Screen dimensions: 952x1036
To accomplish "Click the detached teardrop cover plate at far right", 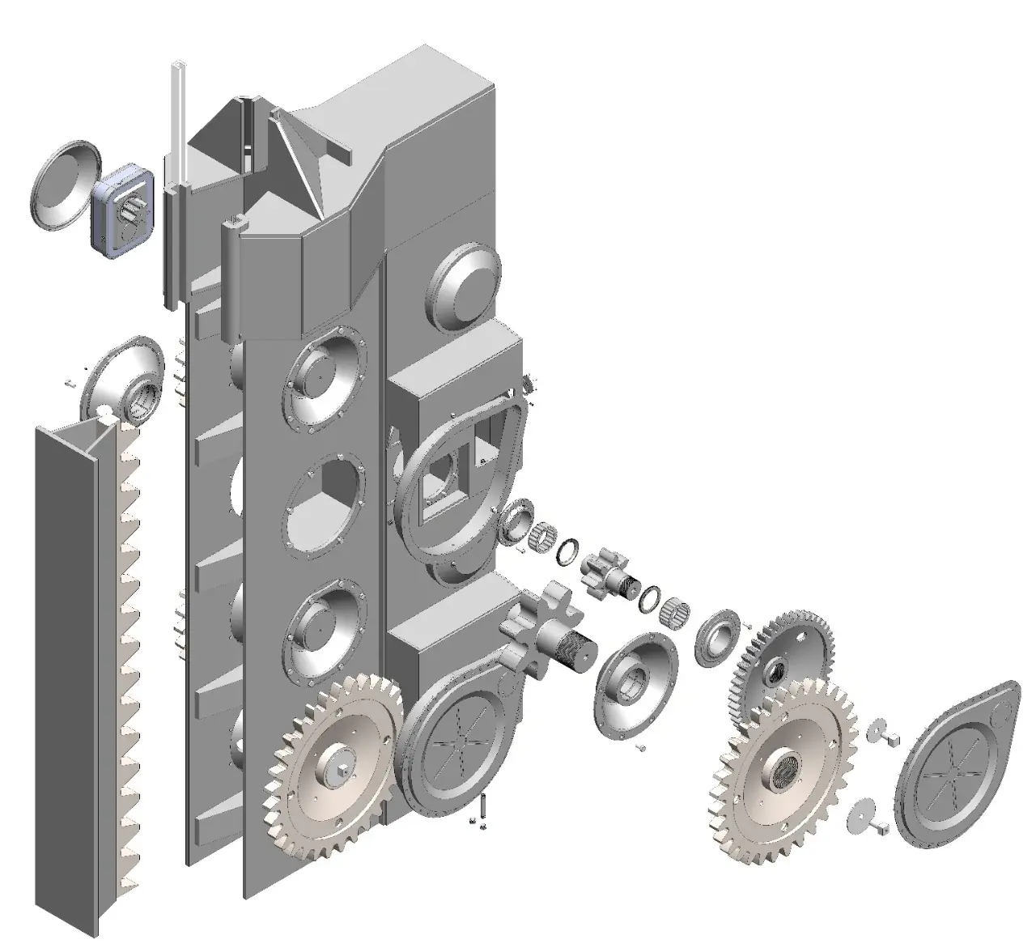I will (x=960, y=764).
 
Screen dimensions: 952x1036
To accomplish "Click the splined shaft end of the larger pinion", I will (x=576, y=648).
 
